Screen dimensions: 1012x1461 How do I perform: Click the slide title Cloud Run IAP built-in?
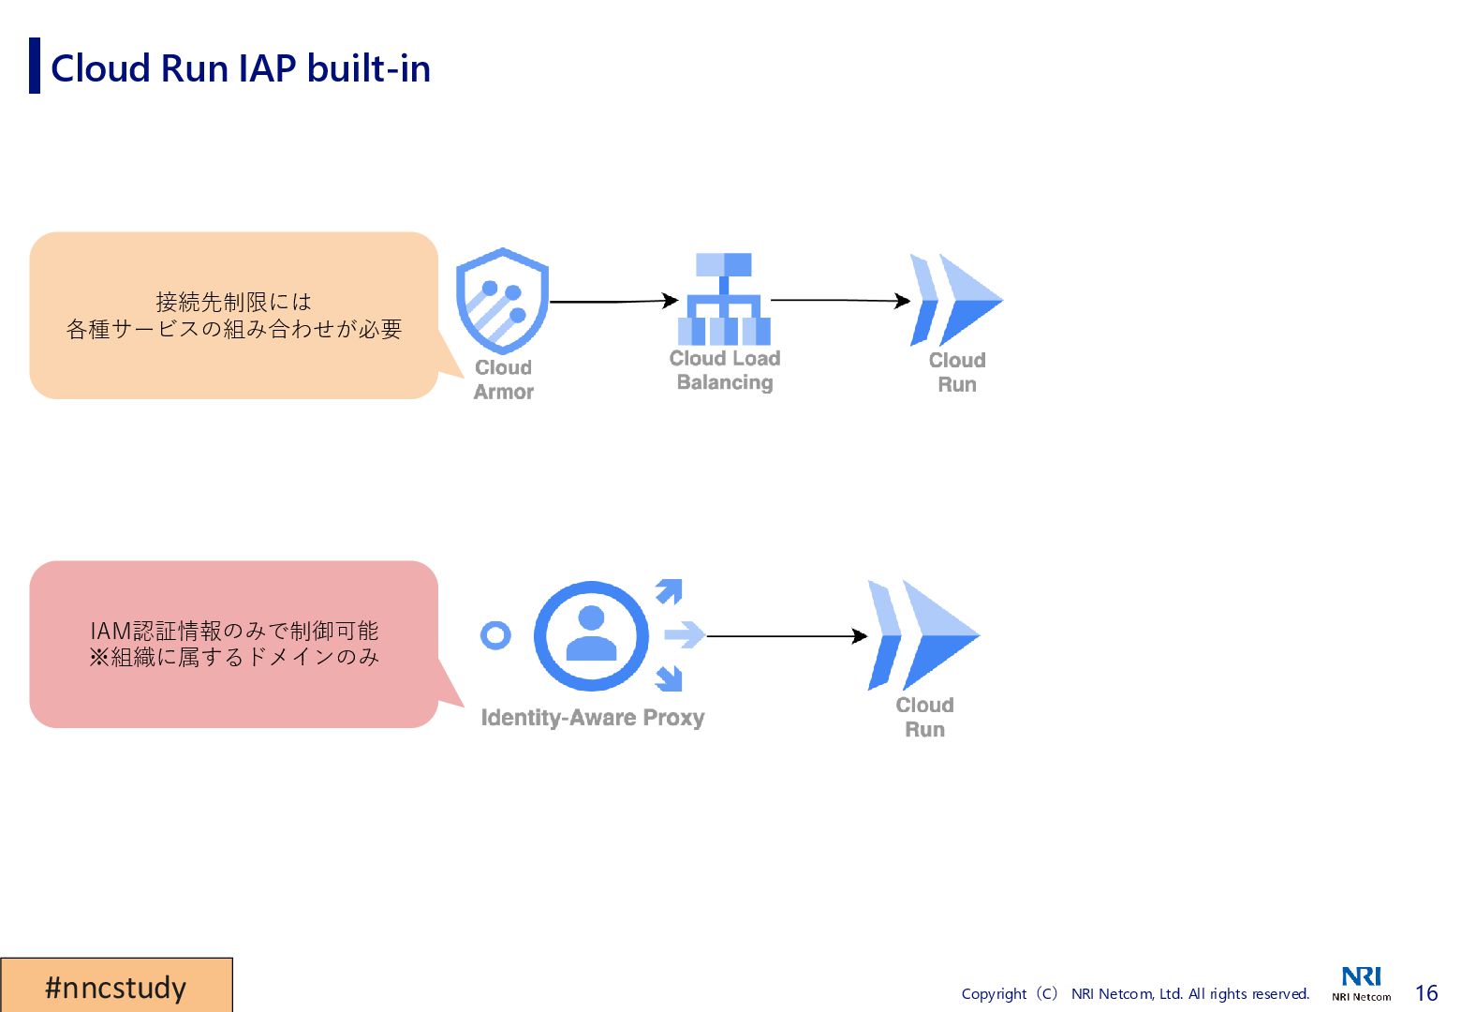240,68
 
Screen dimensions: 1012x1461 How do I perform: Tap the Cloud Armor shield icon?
502,300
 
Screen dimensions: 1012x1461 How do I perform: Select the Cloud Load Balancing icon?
724,300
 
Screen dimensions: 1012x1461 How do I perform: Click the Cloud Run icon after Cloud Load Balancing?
955,300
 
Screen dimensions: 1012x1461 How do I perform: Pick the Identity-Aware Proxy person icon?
591,635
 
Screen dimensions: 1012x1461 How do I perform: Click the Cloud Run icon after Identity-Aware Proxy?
922,635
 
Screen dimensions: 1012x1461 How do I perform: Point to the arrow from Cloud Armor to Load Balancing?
612,302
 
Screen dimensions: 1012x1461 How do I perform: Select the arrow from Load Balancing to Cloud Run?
839,300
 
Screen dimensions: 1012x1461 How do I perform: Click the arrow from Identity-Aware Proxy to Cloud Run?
787,636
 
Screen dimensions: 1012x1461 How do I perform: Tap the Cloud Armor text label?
504,379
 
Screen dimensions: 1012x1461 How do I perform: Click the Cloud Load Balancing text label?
725,370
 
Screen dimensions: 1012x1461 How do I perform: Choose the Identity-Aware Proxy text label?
592,718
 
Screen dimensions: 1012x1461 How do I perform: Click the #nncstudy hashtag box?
116,986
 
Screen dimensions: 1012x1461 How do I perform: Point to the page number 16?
1425,993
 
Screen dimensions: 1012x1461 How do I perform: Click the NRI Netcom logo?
1362,983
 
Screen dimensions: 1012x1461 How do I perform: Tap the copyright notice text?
1135,993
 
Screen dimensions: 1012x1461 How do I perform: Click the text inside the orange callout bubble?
234,316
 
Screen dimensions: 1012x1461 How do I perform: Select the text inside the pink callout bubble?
234,644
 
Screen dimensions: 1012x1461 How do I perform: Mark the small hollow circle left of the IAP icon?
495,635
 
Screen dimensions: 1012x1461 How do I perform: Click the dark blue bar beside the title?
35,66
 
